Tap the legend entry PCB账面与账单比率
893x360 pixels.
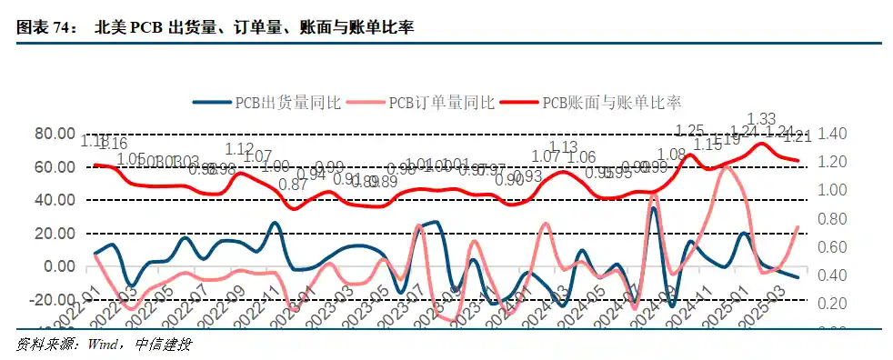611,102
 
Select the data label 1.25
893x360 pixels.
690,130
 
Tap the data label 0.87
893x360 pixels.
293,185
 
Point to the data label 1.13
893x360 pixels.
564,146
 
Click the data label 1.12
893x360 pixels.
239,149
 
